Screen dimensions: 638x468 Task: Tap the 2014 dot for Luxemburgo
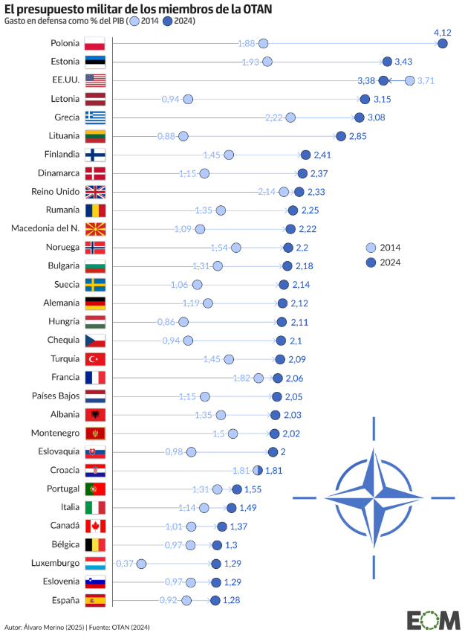coord(141,564)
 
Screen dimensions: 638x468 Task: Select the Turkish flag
coord(95,359)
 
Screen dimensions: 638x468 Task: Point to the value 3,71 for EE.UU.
coord(426,80)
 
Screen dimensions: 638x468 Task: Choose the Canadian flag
coord(95,526)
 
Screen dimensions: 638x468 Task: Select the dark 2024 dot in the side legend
coord(371,262)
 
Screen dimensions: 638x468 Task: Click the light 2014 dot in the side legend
coord(371,248)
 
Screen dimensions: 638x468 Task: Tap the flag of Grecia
coord(95,117)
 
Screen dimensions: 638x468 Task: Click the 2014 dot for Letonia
coord(188,99)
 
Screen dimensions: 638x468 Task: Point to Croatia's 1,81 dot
coord(258,471)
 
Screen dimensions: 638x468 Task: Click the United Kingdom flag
coord(95,192)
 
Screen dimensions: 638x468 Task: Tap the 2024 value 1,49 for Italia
coord(248,508)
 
